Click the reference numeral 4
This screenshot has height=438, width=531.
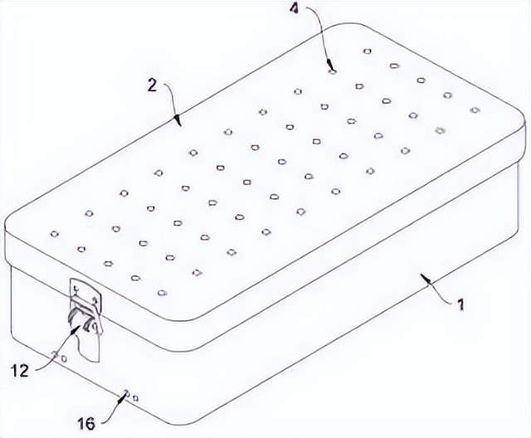click(295, 8)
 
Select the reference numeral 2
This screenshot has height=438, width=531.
click(153, 86)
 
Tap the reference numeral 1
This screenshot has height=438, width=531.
click(460, 304)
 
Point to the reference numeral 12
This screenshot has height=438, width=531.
click(20, 372)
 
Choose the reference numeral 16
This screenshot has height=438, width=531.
click(86, 423)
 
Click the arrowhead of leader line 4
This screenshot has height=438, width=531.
click(329, 64)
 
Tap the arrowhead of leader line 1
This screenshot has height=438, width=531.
click(426, 279)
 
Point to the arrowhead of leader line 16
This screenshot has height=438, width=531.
click(121, 398)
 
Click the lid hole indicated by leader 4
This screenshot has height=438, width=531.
click(333, 71)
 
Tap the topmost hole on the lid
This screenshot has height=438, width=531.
click(367, 51)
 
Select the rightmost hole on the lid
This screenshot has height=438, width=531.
click(475, 109)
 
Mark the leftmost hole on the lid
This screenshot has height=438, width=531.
click(54, 234)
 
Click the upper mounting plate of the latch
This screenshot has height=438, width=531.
click(85, 292)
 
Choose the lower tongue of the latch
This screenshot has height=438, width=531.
click(89, 345)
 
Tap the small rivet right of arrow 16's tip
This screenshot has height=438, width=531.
click(135, 398)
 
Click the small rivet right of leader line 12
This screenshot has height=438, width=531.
click(63, 358)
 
